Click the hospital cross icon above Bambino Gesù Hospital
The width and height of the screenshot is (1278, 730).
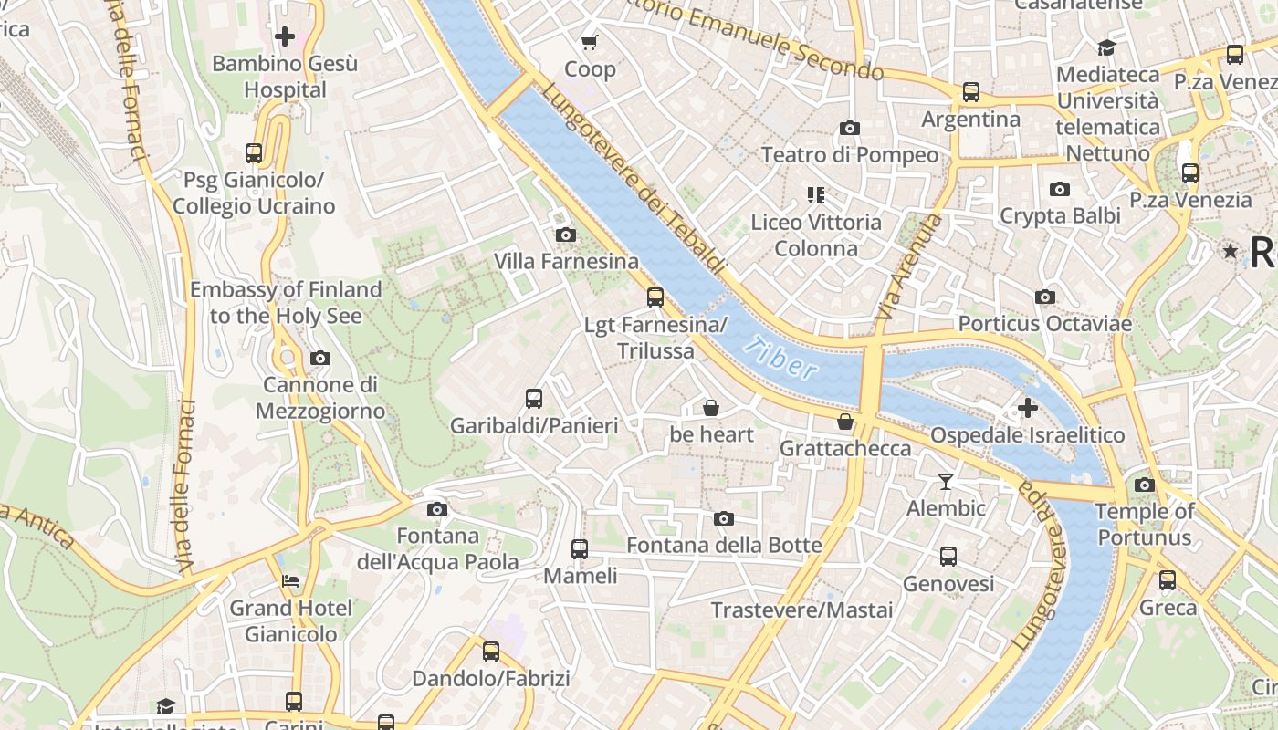click(x=285, y=36)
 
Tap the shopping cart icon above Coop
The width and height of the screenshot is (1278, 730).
click(x=590, y=42)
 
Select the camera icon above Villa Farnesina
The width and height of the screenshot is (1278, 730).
click(x=566, y=235)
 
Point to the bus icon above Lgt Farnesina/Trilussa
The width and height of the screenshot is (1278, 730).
click(x=655, y=297)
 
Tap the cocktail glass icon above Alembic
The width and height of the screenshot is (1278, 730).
click(x=946, y=481)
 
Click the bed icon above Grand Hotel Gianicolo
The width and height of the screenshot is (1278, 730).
click(x=290, y=580)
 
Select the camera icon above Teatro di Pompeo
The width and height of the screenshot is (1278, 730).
click(x=850, y=129)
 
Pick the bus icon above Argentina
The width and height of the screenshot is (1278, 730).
click(x=971, y=92)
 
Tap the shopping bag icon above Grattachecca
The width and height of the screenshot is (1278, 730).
click(x=845, y=422)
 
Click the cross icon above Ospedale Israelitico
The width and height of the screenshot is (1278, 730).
click(x=1028, y=408)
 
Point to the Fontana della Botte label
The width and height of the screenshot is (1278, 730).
click(x=724, y=546)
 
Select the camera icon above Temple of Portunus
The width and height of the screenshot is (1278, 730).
click(x=1145, y=485)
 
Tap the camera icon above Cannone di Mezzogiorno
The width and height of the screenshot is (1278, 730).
click(x=319, y=358)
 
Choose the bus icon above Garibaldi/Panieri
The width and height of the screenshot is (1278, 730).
click(x=534, y=399)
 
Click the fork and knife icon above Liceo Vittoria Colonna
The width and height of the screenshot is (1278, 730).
click(x=816, y=194)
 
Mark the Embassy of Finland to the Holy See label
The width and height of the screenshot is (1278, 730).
click(x=286, y=303)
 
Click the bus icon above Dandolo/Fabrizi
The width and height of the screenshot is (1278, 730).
click(x=491, y=652)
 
